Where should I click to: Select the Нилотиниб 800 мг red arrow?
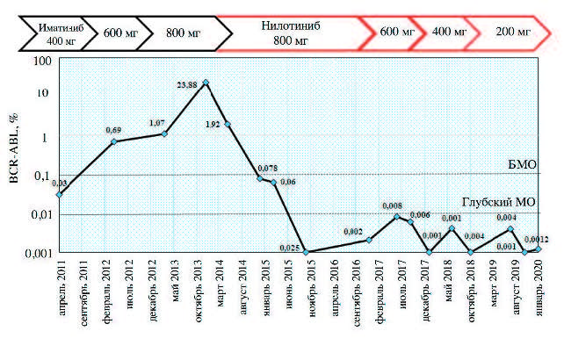pyautogui.click(x=289, y=33)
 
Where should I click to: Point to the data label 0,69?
pyautogui.click(x=113, y=131)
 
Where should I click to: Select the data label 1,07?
pyautogui.click(x=158, y=123)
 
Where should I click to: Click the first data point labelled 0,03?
pyautogui.click(x=58, y=194)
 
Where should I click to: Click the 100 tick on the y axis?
pyautogui.click(x=40, y=60)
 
